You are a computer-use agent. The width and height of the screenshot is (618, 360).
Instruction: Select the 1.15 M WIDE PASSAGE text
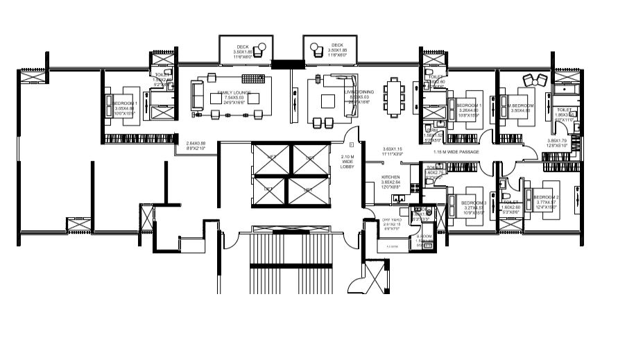pyautogui.click(x=456, y=152)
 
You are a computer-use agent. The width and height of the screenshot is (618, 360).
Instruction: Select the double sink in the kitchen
pyautogui.click(x=401, y=198)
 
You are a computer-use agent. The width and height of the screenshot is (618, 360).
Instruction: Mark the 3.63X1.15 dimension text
pyautogui.click(x=393, y=148)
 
